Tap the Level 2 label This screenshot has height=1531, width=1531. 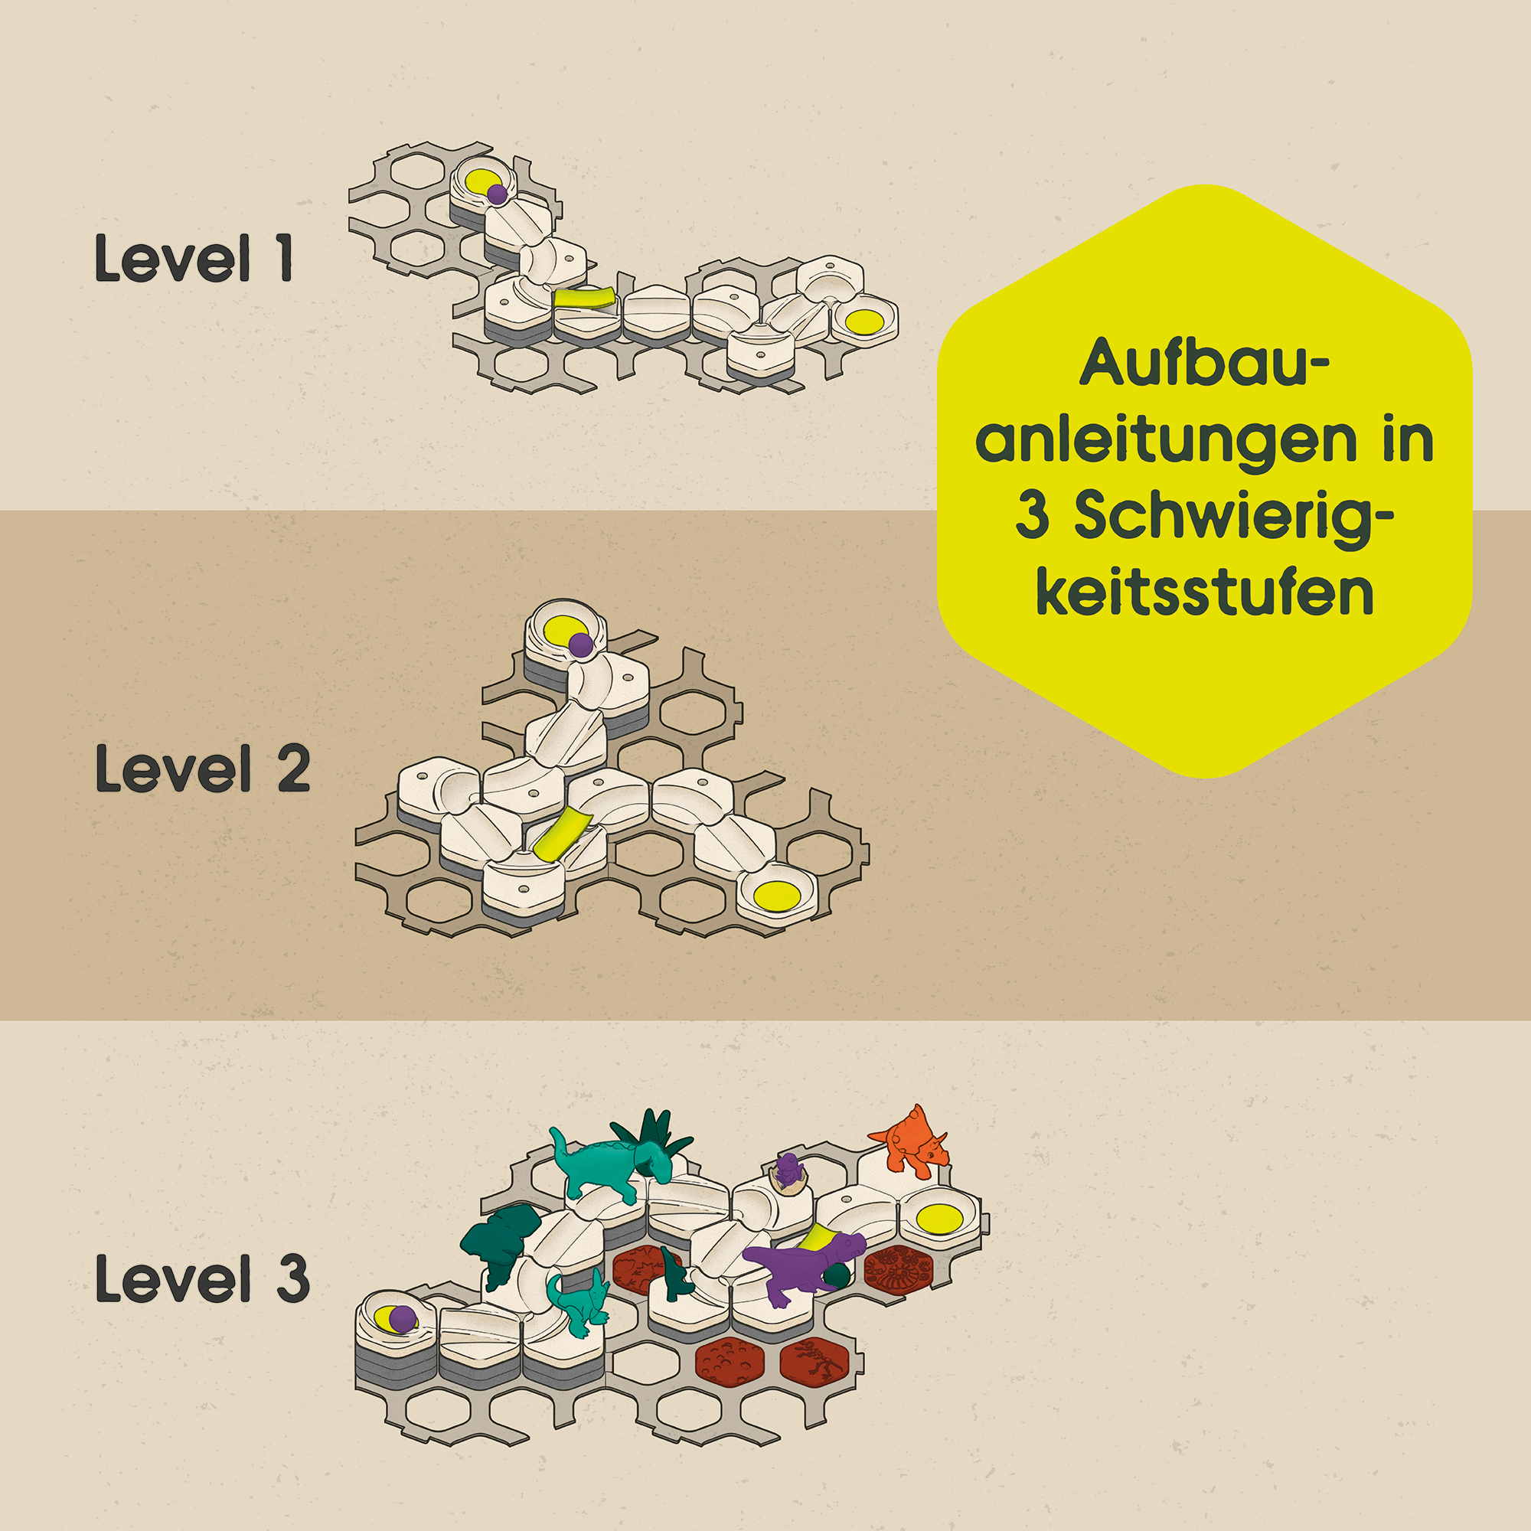(x=202, y=768)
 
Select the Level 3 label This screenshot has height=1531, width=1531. (x=202, y=1278)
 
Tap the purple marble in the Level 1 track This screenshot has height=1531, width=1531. (x=497, y=194)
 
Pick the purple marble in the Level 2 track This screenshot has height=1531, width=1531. (x=581, y=645)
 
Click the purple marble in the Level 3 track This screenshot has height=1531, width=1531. (x=403, y=1320)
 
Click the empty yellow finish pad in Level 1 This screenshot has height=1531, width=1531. (x=864, y=321)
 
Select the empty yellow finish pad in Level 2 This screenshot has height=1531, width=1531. (x=776, y=896)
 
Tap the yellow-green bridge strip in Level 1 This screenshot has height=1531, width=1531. (x=585, y=298)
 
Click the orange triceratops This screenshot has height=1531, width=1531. (x=911, y=1141)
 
